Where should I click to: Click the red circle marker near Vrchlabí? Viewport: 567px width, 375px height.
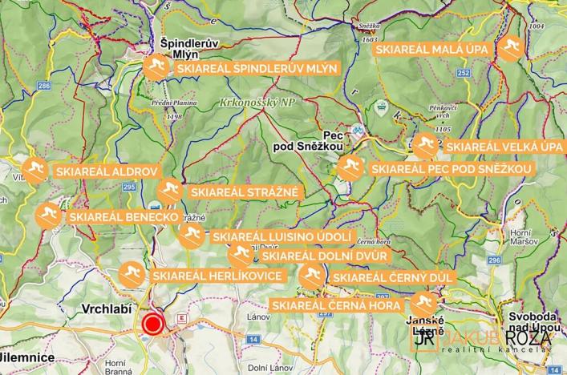coord(152,325)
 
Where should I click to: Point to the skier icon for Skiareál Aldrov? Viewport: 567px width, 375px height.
coord(34,171)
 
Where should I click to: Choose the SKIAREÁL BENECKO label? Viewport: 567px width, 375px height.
coord(122,216)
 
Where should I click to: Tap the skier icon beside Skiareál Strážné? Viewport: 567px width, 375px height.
coord(168,192)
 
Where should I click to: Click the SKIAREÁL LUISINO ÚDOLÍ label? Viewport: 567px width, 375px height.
coord(281,237)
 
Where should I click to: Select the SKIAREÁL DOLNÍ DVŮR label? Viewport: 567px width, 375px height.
coord(325,256)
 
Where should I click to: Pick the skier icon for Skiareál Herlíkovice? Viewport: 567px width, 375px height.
coord(132,275)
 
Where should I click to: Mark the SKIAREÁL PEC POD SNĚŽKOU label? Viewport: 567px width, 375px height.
coord(451,169)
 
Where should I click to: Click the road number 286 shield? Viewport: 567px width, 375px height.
coord(43,85)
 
